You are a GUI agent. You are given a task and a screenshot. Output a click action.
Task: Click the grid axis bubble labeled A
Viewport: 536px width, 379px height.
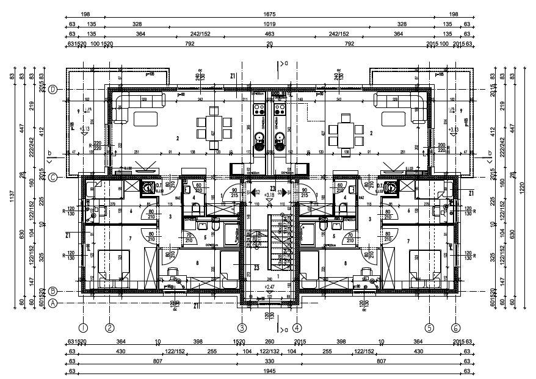[x=53, y=303]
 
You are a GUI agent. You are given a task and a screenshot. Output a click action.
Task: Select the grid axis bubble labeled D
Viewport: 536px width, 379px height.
[x=53, y=89]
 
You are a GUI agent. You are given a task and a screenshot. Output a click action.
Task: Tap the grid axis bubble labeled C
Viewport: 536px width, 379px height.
[x=53, y=178]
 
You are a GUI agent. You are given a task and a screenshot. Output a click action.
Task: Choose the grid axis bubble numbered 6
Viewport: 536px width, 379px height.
[x=455, y=327]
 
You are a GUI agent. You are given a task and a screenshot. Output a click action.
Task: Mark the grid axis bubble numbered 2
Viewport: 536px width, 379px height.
[x=110, y=327]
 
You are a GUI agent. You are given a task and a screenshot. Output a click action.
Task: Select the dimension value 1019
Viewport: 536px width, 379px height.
[x=269, y=24]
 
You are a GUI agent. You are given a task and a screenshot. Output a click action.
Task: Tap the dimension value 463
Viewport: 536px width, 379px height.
[x=269, y=34]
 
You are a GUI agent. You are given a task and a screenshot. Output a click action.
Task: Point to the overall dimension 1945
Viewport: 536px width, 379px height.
[x=269, y=370]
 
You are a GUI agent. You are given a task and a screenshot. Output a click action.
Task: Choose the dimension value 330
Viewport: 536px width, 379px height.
[x=269, y=361]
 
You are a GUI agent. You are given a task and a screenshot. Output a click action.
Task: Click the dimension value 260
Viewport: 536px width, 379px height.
[x=269, y=341]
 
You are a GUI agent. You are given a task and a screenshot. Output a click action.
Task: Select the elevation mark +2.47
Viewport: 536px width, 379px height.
[x=269, y=286]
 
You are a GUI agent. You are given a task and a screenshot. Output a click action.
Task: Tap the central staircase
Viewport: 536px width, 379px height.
[x=269, y=241]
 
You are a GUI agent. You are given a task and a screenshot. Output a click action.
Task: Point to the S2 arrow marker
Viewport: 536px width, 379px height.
[x=255, y=192]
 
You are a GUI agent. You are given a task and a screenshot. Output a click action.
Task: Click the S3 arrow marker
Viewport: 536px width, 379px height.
[x=282, y=192]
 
